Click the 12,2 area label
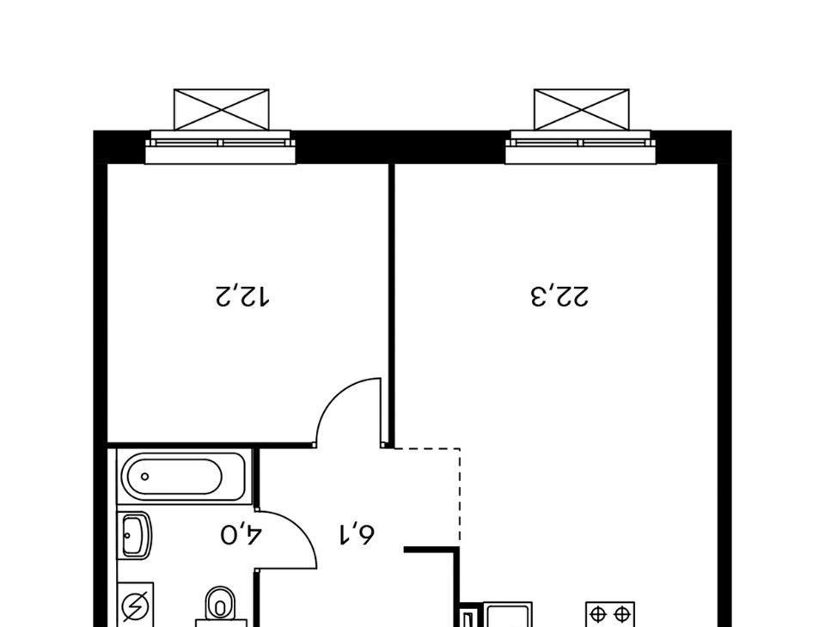click(242, 296)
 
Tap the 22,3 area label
click(559, 296)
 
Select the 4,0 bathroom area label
click(241, 534)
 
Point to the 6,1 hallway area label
click(356, 534)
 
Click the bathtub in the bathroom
click(183, 477)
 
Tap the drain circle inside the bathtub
click(144, 477)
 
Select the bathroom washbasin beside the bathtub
click(136, 535)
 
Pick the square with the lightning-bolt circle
click(136, 605)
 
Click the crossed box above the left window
click(222, 109)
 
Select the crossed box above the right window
click(582, 109)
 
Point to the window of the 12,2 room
click(221, 147)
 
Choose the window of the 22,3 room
click(580, 147)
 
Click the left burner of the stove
click(597, 614)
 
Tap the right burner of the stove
click(622, 614)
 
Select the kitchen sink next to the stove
click(508, 615)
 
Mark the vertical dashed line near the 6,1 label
click(461, 495)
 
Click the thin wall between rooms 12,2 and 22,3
click(392, 305)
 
